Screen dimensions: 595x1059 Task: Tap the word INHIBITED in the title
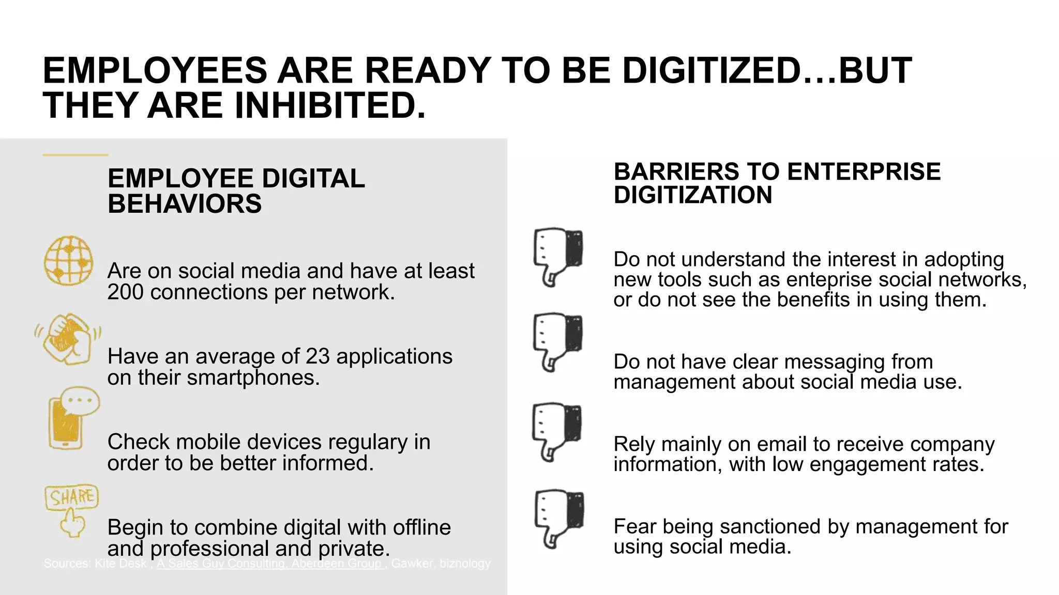point(330,106)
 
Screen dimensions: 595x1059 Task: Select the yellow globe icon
point(69,261)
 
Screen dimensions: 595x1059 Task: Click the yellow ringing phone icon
point(67,339)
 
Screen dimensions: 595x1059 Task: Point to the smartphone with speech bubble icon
point(72,418)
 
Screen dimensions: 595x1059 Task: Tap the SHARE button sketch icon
point(71,510)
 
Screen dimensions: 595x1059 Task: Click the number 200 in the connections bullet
point(126,292)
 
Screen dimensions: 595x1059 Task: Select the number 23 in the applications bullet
point(317,356)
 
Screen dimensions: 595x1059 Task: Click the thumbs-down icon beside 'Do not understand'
point(557,256)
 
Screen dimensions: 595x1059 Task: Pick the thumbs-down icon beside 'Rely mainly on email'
point(556,431)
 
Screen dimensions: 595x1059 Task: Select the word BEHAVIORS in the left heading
point(185,204)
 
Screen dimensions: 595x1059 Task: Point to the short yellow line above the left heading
point(75,154)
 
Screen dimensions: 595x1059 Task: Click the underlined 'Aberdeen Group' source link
point(336,563)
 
